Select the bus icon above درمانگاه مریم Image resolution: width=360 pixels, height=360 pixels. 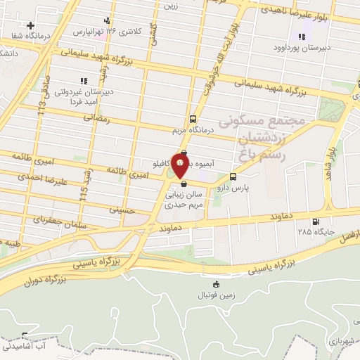[193, 120]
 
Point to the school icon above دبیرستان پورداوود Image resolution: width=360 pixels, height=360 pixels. [302, 37]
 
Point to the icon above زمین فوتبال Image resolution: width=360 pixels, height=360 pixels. [216, 285]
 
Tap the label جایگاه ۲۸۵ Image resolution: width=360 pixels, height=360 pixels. [314, 231]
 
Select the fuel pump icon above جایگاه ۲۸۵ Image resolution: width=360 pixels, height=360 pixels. [325, 221]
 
